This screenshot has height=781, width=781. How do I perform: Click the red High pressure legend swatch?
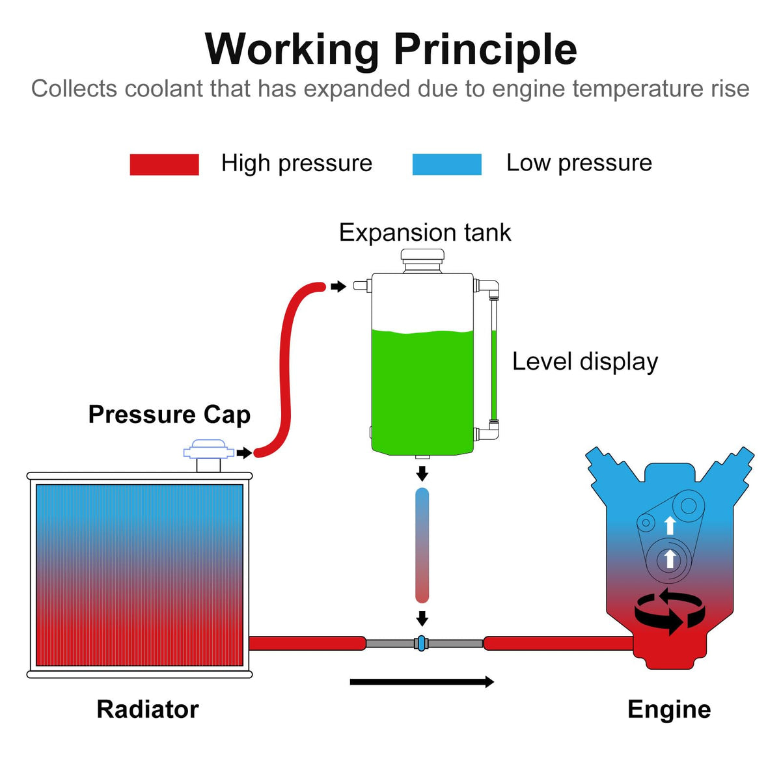164,165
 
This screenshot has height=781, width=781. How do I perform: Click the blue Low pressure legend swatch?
446,165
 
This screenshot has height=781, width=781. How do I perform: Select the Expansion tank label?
425,232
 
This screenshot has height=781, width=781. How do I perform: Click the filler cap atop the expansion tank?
422,260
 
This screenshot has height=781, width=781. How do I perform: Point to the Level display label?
585,361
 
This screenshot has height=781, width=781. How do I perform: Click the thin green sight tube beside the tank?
493,376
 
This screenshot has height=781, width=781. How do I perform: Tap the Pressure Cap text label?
169,415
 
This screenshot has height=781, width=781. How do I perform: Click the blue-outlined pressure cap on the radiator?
209,450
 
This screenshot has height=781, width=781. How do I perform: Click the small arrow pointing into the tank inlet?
338,286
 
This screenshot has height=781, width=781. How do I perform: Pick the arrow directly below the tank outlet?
422,473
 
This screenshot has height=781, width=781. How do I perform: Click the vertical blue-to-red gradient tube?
422,545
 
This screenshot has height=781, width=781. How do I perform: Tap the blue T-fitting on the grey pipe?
422,643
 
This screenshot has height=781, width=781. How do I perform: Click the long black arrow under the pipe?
422,682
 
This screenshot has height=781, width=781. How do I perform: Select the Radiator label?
148,709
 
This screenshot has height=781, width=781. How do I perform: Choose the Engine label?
669,710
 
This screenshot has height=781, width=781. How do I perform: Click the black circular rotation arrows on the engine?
670,612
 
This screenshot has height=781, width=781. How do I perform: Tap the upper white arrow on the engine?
670,525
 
